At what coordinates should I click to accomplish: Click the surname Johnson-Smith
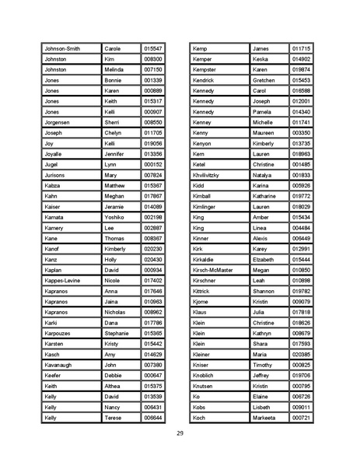click(62, 48)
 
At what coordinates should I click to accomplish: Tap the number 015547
click(153, 48)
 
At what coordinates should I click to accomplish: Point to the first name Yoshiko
click(115, 217)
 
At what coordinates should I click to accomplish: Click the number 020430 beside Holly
click(153, 259)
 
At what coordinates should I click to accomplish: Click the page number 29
click(180, 433)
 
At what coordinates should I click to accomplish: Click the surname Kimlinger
click(206, 207)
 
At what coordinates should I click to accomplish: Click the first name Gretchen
click(264, 80)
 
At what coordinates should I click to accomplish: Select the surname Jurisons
click(54, 175)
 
